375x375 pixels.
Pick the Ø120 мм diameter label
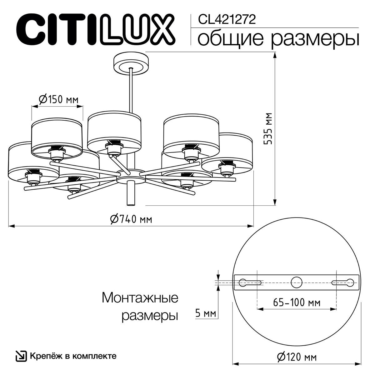(297, 356)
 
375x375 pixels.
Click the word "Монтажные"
(140, 298)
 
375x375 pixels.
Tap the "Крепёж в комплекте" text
(73, 356)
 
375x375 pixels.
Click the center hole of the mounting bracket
(297, 282)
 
